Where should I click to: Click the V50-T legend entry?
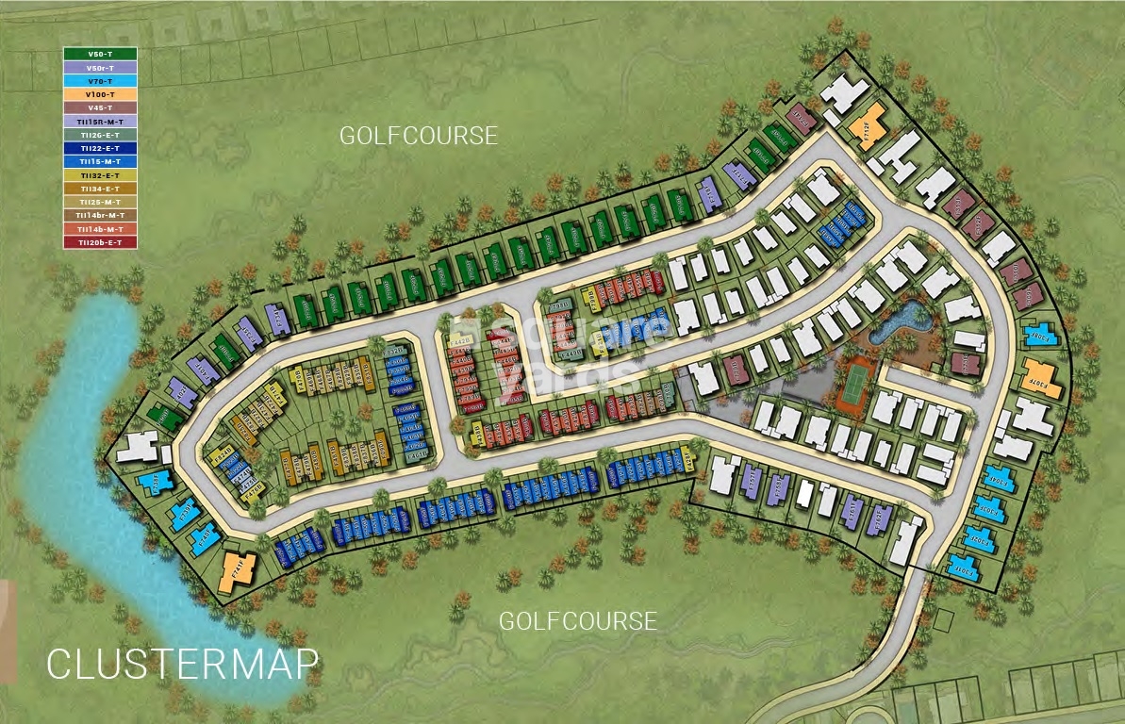pyautogui.click(x=100, y=54)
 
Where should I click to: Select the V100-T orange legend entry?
pyautogui.click(x=100, y=94)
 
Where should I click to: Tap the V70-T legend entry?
pyautogui.click(x=100, y=81)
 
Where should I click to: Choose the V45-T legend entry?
pyautogui.click(x=100, y=107)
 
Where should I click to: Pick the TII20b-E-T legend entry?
pyautogui.click(x=100, y=242)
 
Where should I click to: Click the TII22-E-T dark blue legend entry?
pyautogui.click(x=100, y=148)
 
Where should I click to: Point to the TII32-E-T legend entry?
pyautogui.click(x=100, y=175)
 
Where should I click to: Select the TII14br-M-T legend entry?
pyautogui.click(x=100, y=215)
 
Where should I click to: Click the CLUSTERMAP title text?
pyautogui.click(x=182, y=664)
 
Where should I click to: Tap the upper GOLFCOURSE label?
pyautogui.click(x=418, y=136)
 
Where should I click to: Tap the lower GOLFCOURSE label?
pyautogui.click(x=577, y=621)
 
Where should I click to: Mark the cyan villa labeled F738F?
pyautogui.click(x=153, y=483)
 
